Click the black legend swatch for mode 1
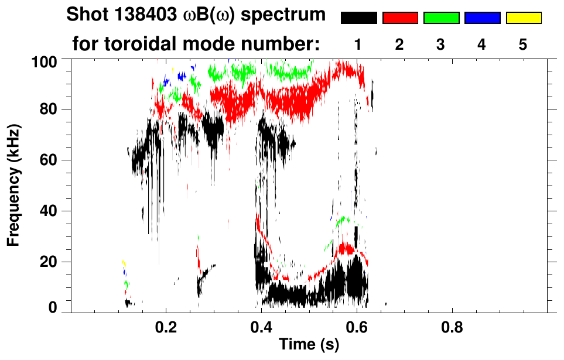tap(359, 18)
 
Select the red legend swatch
tap(400, 18)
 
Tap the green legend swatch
tap(441, 18)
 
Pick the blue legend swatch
tap(482, 18)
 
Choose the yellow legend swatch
tap(523, 18)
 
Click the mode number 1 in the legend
tap(358, 44)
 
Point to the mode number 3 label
tap(441, 44)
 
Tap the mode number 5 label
tap(523, 44)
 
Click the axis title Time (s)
tap(309, 345)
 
